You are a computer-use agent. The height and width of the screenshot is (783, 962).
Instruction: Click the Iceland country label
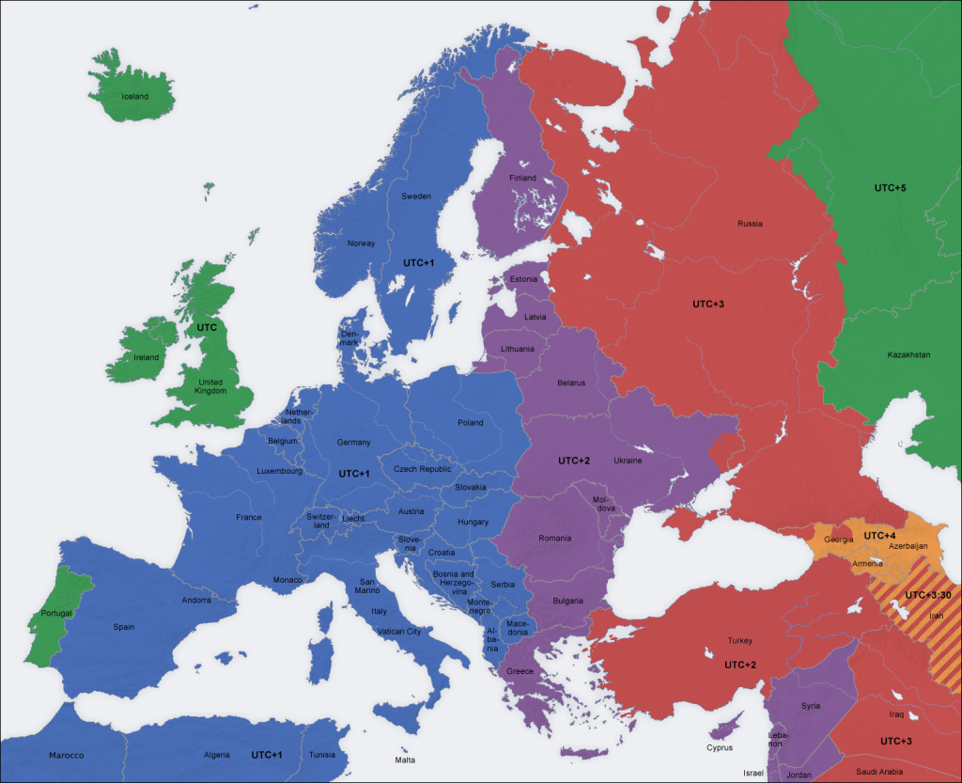(134, 96)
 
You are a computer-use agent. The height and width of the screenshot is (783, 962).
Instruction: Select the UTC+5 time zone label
(890, 188)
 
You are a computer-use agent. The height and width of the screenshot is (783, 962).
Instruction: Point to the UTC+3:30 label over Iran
(928, 595)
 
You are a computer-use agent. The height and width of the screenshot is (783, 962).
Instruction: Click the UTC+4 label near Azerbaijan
(879, 535)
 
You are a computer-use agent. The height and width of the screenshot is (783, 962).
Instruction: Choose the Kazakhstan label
(908, 354)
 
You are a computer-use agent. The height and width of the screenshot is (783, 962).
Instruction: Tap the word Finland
(522, 178)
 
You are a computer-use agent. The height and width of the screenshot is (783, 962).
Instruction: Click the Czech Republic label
(423, 468)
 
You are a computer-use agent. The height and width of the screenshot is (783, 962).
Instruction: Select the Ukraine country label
(628, 461)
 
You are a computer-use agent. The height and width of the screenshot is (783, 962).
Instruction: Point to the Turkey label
(739, 640)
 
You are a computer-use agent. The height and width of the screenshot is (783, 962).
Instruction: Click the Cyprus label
(720, 747)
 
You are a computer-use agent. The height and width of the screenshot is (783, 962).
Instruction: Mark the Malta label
(405, 760)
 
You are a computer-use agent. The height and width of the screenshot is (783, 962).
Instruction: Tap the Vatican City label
(399, 632)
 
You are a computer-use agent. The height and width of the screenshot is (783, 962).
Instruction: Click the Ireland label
(146, 357)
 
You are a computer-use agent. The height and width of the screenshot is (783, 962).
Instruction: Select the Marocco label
(67, 755)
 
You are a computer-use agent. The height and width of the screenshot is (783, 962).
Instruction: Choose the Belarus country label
(571, 383)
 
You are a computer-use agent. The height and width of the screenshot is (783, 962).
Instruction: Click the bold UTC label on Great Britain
(206, 328)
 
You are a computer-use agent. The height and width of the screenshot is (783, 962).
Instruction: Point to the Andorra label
(196, 600)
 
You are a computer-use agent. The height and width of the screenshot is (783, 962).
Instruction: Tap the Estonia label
(523, 279)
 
